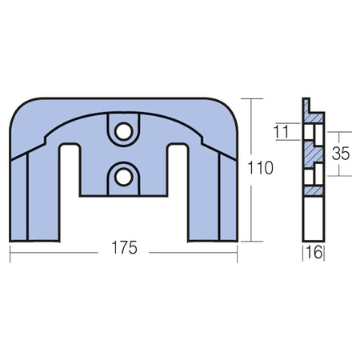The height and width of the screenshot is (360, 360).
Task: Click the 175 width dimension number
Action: point(124,248)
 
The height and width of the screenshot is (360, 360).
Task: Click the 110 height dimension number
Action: point(260,168)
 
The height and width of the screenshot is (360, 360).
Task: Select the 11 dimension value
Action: point(282,131)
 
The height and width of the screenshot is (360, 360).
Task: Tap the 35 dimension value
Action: point(341,154)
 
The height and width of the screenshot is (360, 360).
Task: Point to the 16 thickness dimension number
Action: point(314,253)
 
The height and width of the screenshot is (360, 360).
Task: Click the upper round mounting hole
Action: point(124,131)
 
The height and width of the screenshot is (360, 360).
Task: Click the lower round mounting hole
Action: point(124,177)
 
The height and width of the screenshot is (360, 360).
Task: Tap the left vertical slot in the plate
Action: point(70,193)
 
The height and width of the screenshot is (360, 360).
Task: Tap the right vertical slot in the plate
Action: point(178,193)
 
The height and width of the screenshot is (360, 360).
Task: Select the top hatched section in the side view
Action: point(313,114)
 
